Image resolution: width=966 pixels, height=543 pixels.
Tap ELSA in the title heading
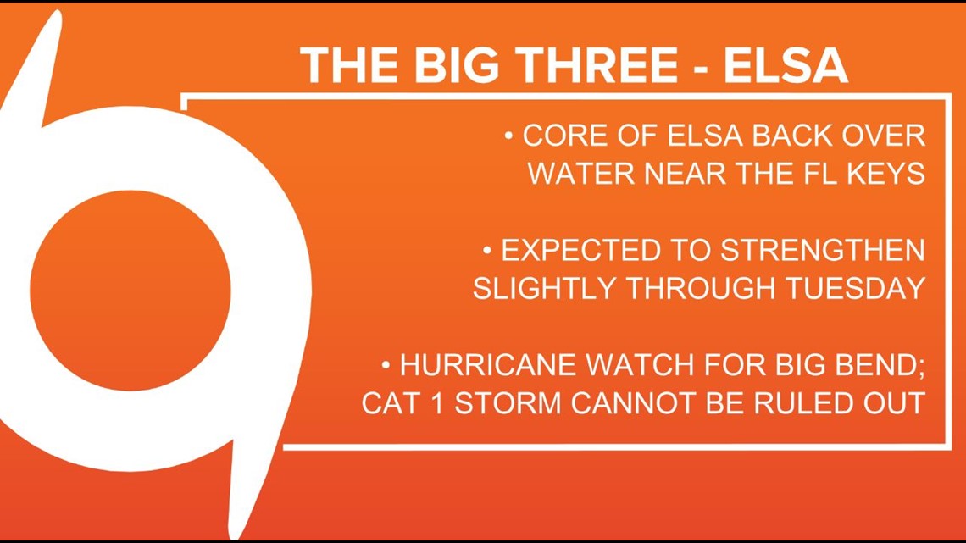(785, 65)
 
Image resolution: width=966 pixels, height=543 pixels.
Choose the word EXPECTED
(586, 251)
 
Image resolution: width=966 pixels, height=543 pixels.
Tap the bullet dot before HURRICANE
(386, 366)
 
